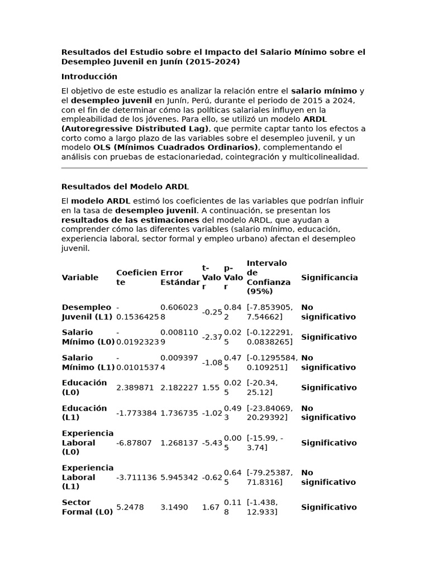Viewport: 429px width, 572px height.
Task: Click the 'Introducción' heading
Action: pos(89,77)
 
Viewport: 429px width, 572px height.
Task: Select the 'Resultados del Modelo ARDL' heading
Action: pos(125,187)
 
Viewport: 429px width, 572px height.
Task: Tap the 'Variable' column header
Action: pos(80,278)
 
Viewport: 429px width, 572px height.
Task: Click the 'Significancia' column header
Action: pos(329,278)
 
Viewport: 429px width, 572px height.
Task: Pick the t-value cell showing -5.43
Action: pos(212,443)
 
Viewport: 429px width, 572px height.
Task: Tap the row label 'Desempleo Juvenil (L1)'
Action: pos(87,312)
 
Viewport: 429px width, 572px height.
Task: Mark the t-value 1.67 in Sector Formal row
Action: pos(210,507)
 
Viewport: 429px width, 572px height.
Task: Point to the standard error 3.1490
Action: pos(174,507)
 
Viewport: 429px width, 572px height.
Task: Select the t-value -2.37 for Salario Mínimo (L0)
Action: pos(212,337)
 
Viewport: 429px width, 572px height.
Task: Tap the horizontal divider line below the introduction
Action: pos(214,168)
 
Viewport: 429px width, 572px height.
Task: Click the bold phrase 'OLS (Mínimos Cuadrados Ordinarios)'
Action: pos(175,147)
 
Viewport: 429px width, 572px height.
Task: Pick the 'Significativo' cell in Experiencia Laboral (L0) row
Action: pos(328,443)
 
